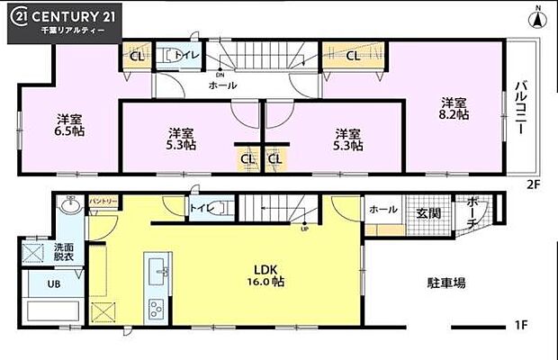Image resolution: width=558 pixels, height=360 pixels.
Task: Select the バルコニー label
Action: [519, 107]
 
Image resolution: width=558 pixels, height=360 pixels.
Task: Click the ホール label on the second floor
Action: [222, 85]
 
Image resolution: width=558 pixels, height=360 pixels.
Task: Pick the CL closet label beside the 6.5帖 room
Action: [137, 56]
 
